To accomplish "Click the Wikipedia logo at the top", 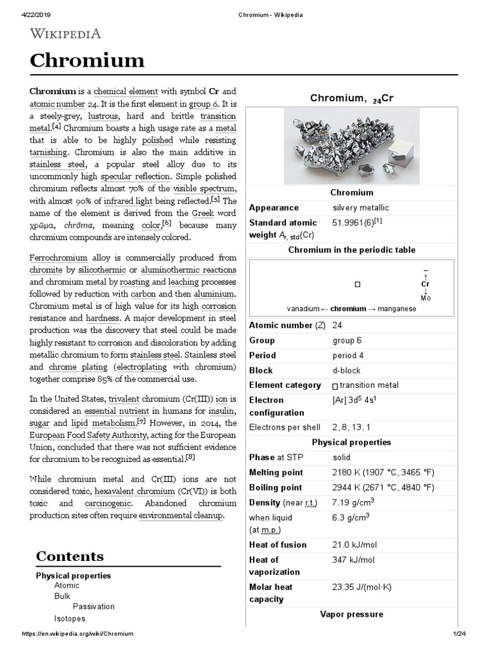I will tap(65, 33).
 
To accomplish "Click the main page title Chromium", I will tap(87, 61).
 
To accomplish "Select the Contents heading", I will tap(70, 556).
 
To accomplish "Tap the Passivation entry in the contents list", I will tap(94, 607).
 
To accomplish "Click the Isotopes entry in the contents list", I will tap(70, 618).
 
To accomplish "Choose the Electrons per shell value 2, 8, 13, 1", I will tap(352, 428).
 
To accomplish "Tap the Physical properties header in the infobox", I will tap(351, 442).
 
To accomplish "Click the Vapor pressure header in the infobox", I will tap(351, 614).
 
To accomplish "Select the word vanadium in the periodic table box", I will tap(303, 309).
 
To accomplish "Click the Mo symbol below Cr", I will tap(425, 298).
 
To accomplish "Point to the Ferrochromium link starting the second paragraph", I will tap(58, 258).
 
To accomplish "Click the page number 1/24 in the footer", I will tap(458, 634).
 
